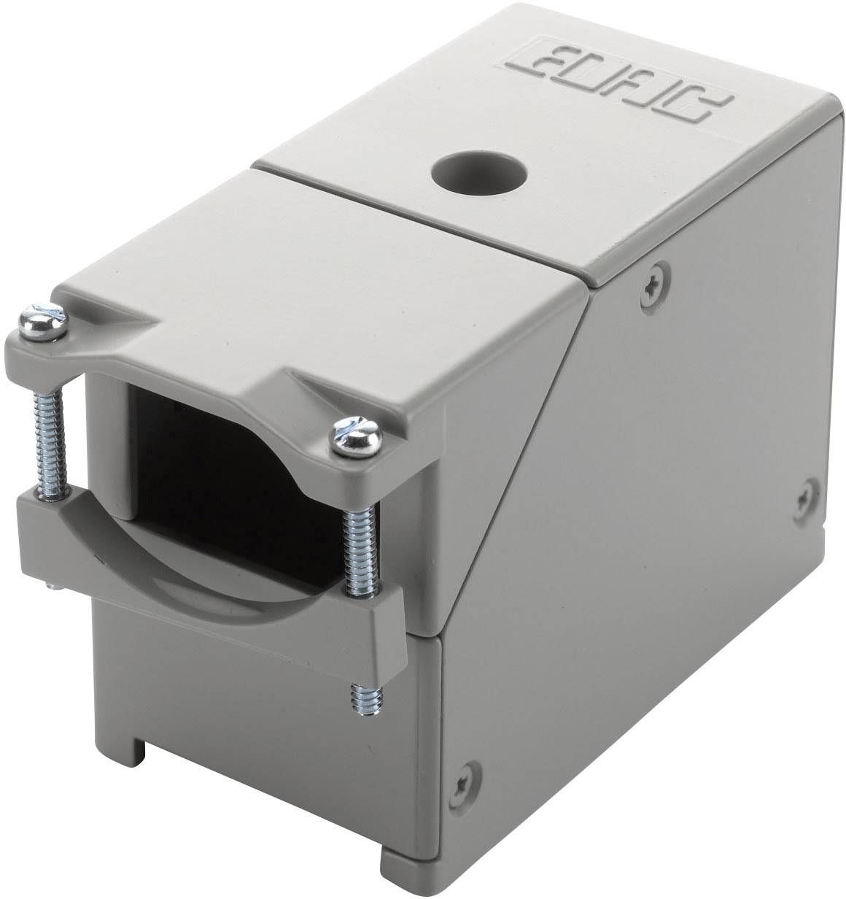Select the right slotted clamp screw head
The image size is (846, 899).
pos(356,438)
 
